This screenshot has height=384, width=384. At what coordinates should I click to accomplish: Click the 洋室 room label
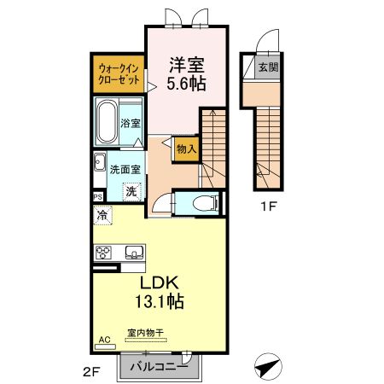click(x=187, y=64)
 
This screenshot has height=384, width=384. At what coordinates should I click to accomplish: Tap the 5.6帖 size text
click(x=187, y=83)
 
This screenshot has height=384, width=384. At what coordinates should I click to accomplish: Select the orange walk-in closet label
click(x=118, y=73)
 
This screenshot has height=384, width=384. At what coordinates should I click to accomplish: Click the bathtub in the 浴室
click(x=108, y=121)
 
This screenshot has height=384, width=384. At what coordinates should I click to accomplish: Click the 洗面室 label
click(x=125, y=169)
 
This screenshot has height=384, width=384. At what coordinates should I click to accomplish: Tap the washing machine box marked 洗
click(x=131, y=191)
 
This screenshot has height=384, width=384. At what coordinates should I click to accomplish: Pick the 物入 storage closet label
click(x=187, y=148)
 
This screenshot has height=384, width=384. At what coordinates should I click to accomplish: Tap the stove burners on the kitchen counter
click(x=105, y=253)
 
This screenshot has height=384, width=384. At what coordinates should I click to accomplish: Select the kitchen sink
click(x=133, y=253)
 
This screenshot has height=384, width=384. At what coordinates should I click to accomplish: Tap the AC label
click(x=104, y=340)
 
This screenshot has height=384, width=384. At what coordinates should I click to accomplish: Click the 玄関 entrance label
click(x=266, y=67)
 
